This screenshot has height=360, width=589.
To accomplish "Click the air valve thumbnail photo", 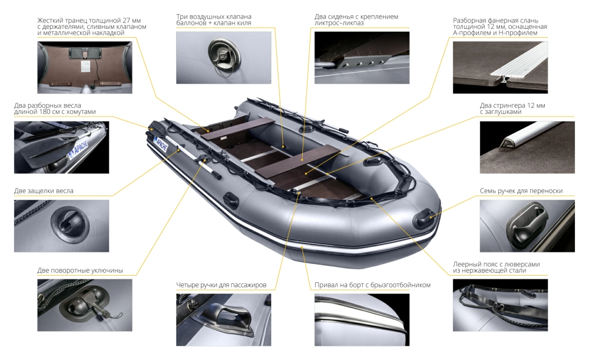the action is tap(223, 58).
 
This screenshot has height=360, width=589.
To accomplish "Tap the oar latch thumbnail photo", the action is tap(62, 226).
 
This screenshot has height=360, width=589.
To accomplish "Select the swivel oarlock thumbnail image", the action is tap(85, 305).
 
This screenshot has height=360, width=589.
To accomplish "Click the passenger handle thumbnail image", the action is tap(223, 320).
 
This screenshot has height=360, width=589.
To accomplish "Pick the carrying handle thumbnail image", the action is tap(527, 226).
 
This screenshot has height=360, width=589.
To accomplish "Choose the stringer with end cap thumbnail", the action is tap(527, 147).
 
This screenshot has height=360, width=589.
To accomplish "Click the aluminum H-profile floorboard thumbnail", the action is tap(500, 67).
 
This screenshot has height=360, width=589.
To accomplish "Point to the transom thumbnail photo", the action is tap(85, 67).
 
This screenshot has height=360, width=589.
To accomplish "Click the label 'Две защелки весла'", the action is tap(44, 191).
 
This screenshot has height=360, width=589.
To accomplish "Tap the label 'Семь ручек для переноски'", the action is tap(521, 191).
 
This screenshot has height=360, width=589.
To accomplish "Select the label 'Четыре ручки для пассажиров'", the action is tap(221, 285).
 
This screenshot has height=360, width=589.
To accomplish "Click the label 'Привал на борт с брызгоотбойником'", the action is tap(372, 285).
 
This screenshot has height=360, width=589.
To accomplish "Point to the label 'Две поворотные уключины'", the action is tap(80, 270).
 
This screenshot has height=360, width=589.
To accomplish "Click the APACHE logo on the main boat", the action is tap(160, 144).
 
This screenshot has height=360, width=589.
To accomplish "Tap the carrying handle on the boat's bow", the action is tap(423, 219).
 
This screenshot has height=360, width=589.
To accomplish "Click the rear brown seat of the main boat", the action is tap(239, 129).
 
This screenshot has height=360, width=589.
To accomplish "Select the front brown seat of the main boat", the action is tap(298, 163).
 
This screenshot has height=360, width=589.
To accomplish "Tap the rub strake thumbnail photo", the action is tap(362, 320).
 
